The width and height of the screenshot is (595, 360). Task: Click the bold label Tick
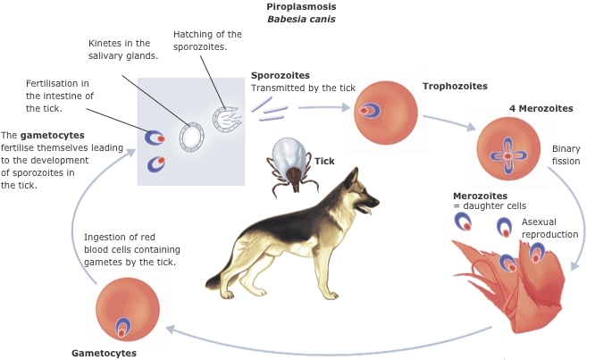324,162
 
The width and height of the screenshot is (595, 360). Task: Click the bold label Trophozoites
455,87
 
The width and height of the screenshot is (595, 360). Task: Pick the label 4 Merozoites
541,109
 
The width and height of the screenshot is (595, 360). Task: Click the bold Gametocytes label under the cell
104,353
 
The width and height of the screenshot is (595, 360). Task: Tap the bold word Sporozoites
281,76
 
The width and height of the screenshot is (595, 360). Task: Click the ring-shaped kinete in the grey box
191,136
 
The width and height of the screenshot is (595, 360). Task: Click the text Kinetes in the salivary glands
123,48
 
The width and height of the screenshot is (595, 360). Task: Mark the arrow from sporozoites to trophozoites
321,107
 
